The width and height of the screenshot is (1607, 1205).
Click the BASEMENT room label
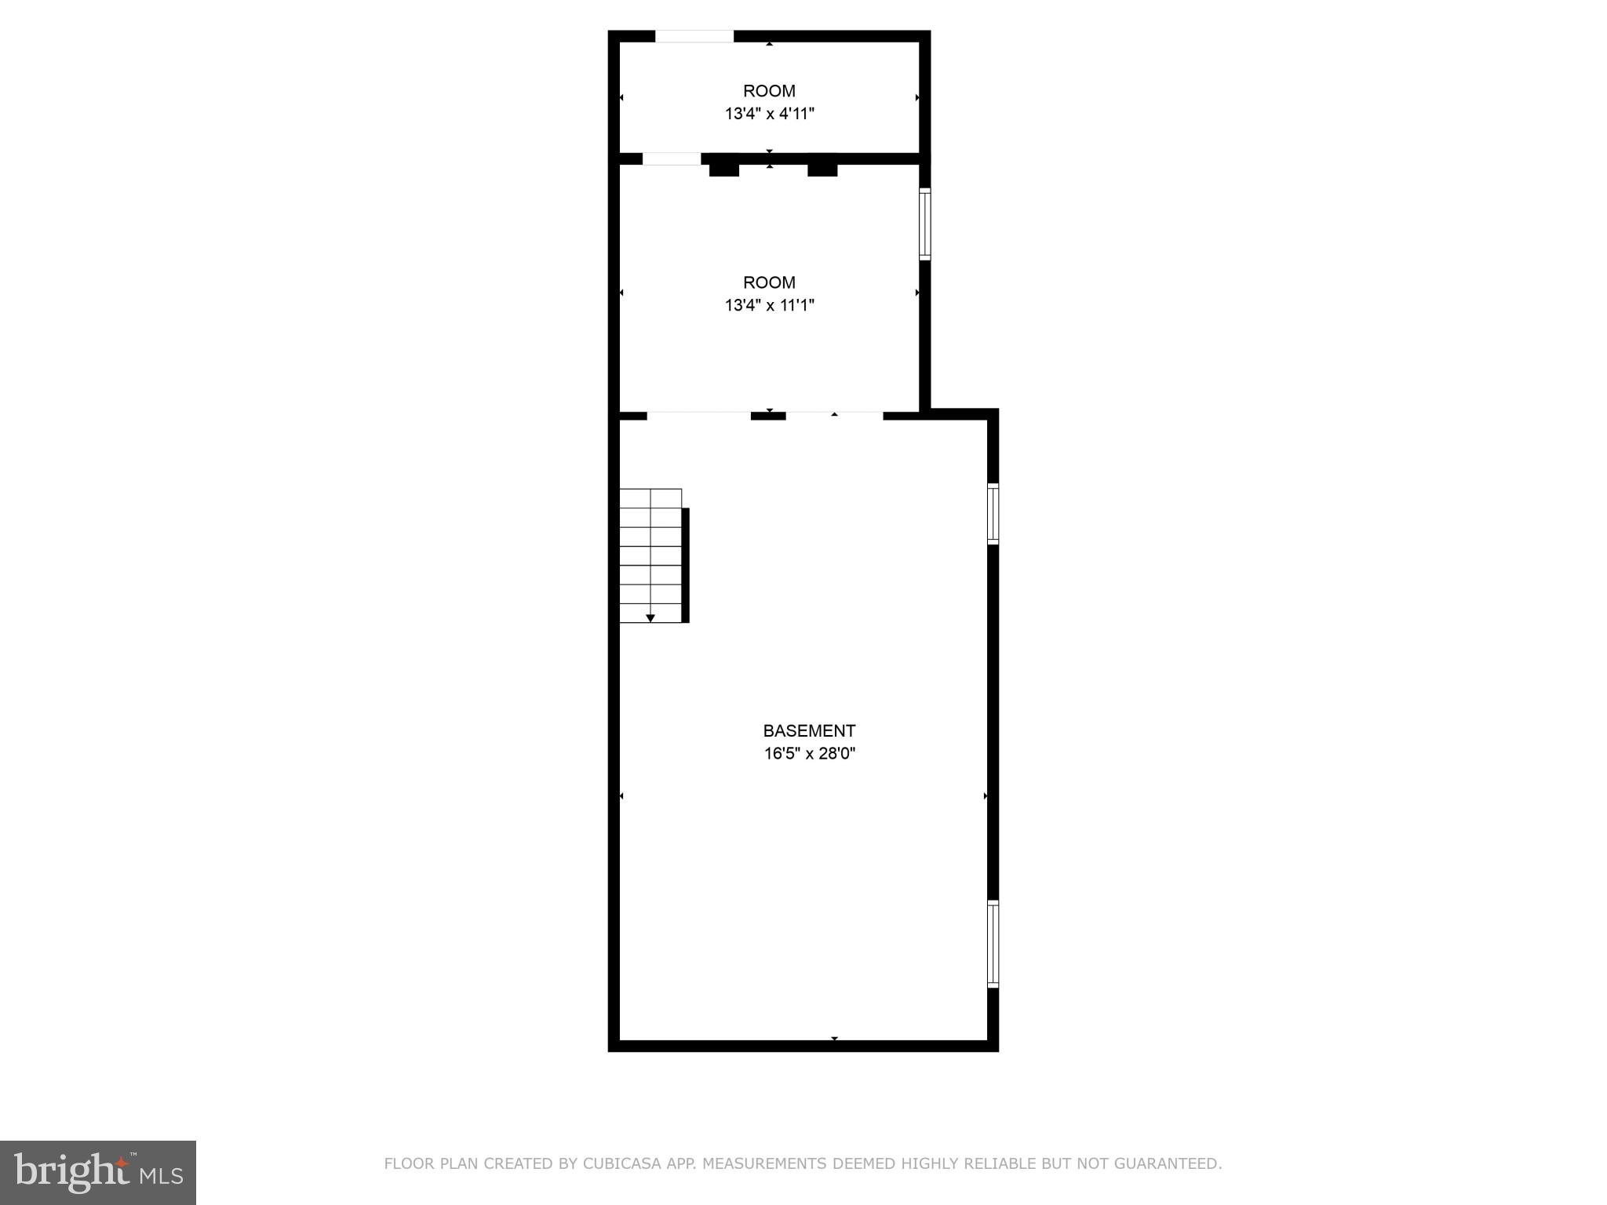pyautogui.click(x=809, y=730)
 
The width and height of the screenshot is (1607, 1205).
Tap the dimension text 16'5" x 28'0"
pyautogui.click(x=810, y=754)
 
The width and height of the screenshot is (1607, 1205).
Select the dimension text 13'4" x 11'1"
pyautogui.click(x=769, y=305)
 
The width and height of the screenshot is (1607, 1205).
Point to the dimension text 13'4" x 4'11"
pyautogui.click(x=769, y=114)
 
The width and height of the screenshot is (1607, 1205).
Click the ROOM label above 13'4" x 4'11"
pyautogui.click(x=769, y=91)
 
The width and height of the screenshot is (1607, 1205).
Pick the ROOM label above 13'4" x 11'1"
pyautogui.click(x=769, y=282)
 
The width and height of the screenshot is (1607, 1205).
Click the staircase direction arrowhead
pyautogui.click(x=650, y=618)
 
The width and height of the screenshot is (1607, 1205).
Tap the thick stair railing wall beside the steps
pyautogui.click(x=685, y=565)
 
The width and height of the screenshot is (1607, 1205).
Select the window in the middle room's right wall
pyautogui.click(x=925, y=224)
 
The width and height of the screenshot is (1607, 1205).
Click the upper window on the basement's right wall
pyautogui.click(x=993, y=514)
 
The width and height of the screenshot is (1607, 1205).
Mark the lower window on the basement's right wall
pyautogui.click(x=993, y=944)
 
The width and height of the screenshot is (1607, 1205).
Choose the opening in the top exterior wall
pyautogui.click(x=694, y=36)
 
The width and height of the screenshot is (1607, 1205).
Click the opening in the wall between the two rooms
pyautogui.click(x=671, y=158)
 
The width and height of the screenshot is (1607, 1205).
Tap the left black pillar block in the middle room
pyautogui.click(x=724, y=169)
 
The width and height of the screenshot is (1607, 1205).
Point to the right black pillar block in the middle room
pyautogui.click(x=822, y=169)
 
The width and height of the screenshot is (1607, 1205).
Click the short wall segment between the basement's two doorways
pyautogui.click(x=768, y=416)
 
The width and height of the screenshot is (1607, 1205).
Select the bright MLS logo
pyautogui.click(x=98, y=1173)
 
